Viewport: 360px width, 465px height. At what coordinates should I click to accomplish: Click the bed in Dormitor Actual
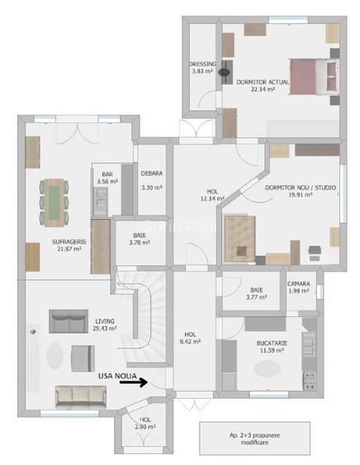coord(312,77)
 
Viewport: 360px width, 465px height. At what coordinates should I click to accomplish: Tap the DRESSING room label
coord(202,68)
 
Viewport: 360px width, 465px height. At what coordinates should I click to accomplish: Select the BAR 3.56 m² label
coord(105,178)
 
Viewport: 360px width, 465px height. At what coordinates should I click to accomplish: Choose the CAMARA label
coord(299,287)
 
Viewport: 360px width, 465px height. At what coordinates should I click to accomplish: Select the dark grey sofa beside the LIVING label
coord(69,319)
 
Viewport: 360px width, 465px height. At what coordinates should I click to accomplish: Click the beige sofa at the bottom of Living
coord(80,396)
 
